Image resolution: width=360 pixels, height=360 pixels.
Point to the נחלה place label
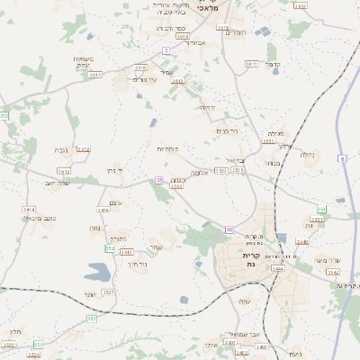point(307,155)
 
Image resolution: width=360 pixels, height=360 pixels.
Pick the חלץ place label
point(15,331)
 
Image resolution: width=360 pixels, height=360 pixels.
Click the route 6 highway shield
point(342,158)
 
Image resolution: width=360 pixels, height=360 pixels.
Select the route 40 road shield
point(229,229)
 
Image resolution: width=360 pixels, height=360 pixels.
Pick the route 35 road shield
point(159,180)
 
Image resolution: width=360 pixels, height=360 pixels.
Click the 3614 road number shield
point(94,76)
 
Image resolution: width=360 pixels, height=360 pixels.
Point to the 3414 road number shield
point(28,209)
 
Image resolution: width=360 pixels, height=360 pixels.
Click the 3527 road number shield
point(108,292)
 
